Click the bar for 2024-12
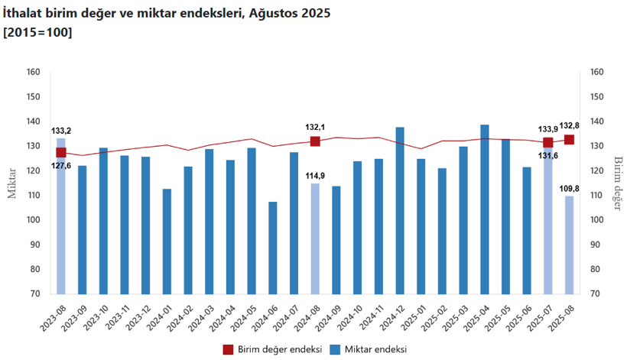400,210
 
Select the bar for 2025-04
485,209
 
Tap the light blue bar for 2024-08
315,238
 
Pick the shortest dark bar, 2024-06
273,248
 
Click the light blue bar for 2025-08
569,245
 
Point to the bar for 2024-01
167,241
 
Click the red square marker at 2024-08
315,141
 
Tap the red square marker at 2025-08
569,140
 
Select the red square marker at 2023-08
61,152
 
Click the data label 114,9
315,176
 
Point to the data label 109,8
569,188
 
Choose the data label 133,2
61,131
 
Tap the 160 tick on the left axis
32,73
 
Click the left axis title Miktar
11,183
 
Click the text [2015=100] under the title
38,32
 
